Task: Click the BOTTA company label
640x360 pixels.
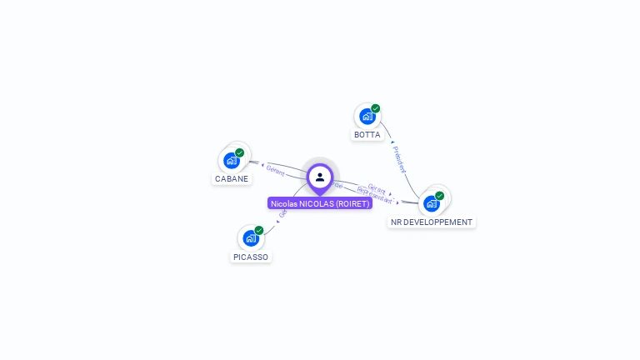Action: click(x=367, y=135)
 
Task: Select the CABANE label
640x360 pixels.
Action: click(x=232, y=178)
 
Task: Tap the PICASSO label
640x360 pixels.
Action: click(x=251, y=257)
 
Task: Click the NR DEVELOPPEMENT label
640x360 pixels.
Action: click(x=432, y=222)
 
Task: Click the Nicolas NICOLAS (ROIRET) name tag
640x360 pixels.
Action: click(x=320, y=203)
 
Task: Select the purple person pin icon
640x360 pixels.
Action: click(x=320, y=177)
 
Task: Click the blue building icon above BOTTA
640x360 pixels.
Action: click(x=366, y=117)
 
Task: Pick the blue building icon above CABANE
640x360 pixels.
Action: click(x=231, y=160)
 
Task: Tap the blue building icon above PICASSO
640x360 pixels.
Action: click(x=250, y=238)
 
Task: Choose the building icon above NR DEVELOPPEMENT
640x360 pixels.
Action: click(x=431, y=203)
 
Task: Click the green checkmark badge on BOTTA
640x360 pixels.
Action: click(x=376, y=108)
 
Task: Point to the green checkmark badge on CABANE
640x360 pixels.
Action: click(x=240, y=152)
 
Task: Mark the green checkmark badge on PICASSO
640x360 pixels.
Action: click(x=259, y=230)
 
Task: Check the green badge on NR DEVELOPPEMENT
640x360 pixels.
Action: click(x=440, y=196)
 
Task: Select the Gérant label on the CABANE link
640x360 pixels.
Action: click(x=276, y=172)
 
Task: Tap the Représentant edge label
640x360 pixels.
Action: click(x=374, y=196)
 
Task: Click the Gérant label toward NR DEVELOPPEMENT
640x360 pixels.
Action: click(x=377, y=187)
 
